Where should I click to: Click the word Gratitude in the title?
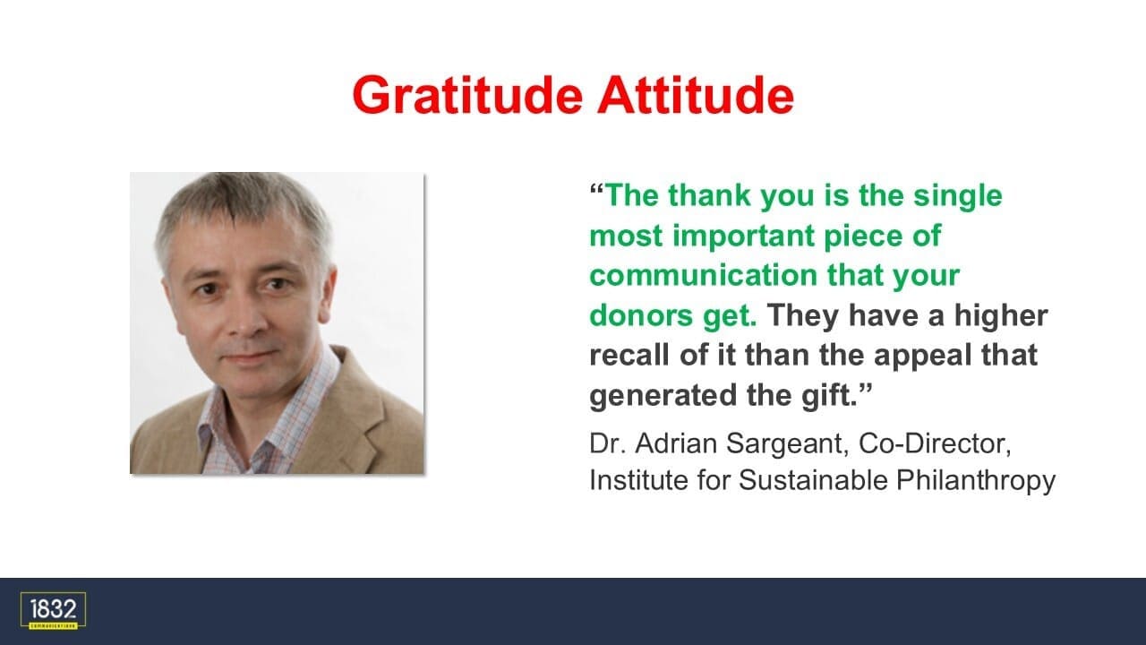467,96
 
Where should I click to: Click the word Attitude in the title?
696,95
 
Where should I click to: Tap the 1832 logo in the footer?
53,611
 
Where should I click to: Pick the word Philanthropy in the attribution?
976,482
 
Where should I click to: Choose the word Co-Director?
935,443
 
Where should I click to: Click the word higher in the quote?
1001,316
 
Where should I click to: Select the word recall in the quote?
629,355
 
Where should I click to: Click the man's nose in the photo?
248,318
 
